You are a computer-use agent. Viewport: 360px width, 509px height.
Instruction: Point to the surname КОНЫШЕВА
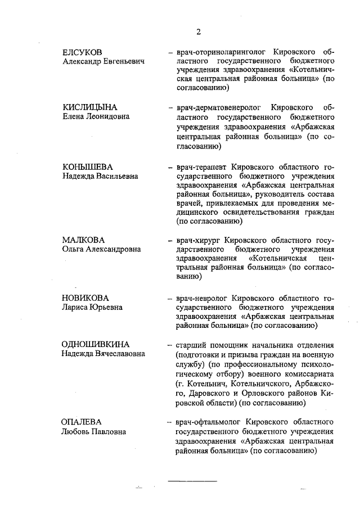tap(87, 167)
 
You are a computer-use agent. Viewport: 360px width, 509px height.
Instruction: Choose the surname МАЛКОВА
tap(83, 240)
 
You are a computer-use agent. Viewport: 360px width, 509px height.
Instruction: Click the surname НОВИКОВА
tap(85, 298)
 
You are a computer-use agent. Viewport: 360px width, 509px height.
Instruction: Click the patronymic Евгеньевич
tap(124, 61)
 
